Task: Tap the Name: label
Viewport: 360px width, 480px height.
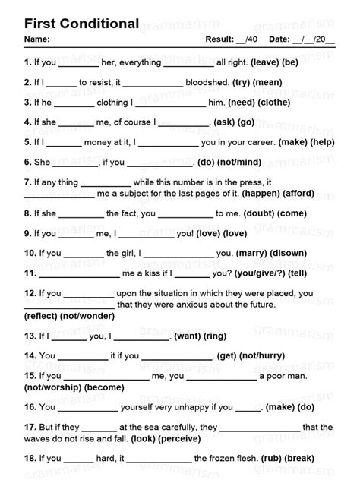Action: (37, 39)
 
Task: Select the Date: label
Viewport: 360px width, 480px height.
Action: (279, 39)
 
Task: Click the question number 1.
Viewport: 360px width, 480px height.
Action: (27, 62)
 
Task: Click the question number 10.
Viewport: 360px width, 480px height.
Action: (30, 253)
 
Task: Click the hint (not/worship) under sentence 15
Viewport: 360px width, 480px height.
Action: (53, 387)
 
